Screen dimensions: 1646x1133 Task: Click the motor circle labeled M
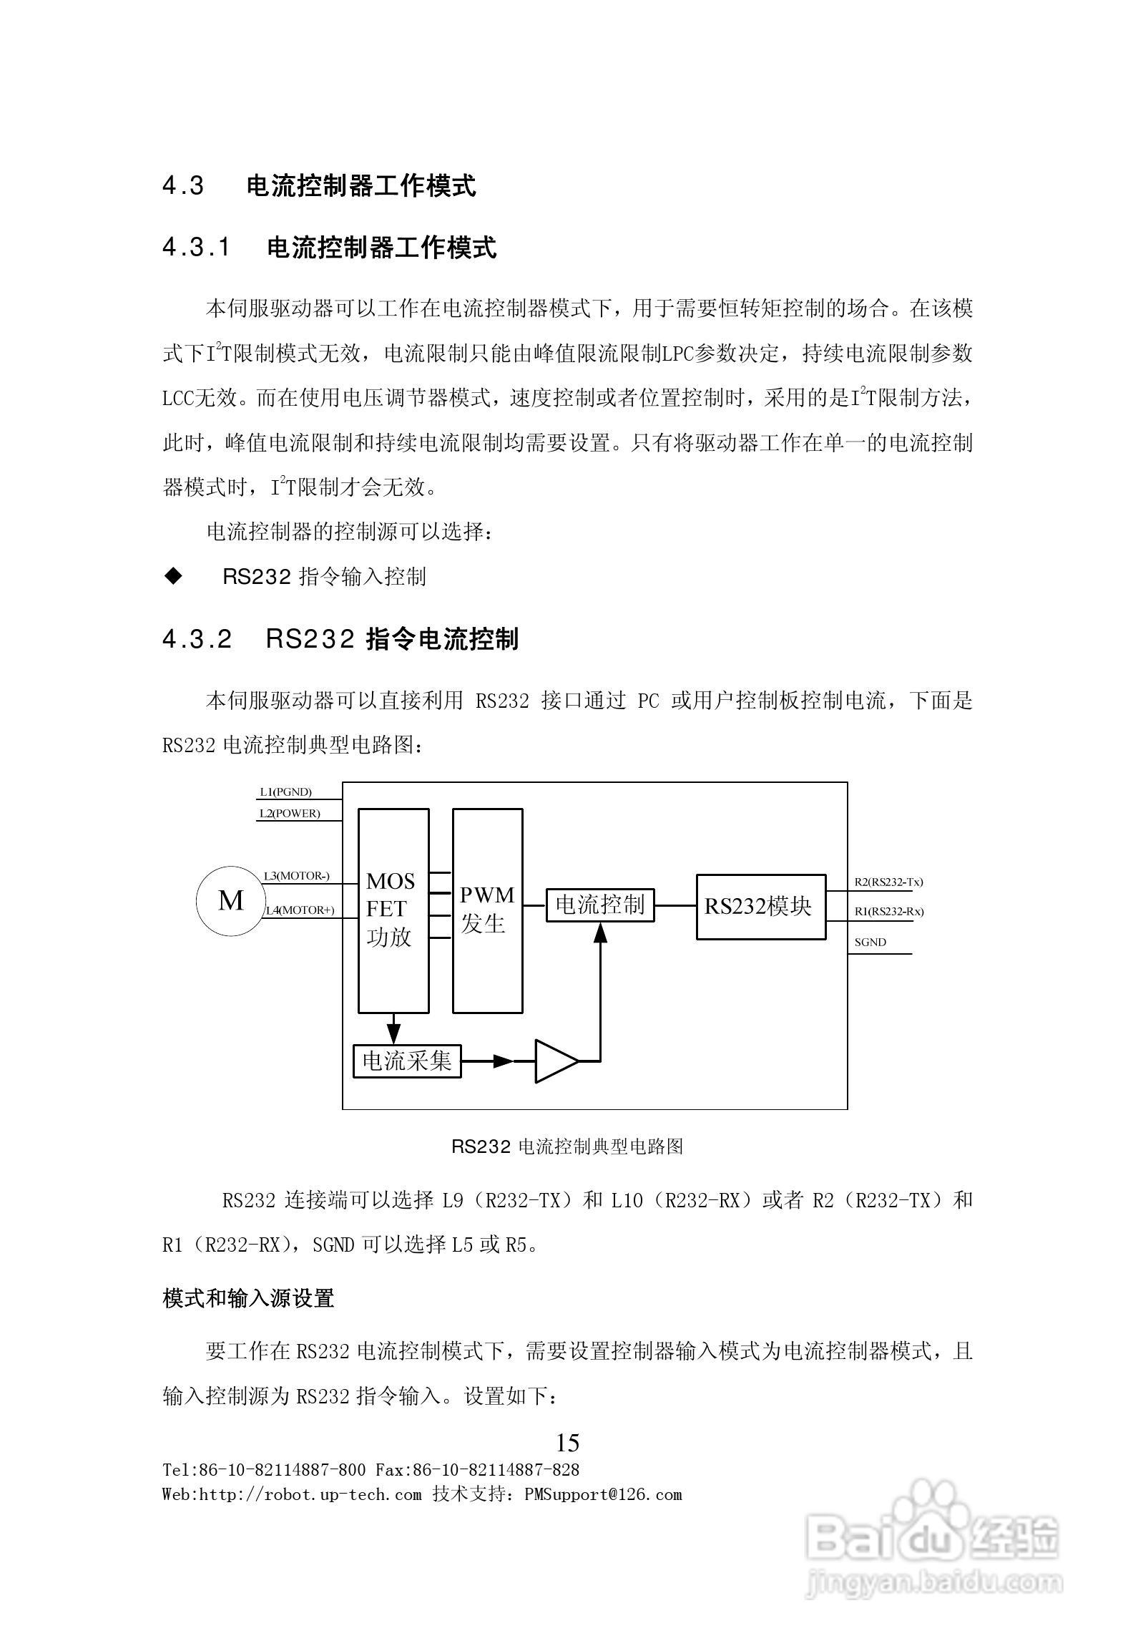click(230, 900)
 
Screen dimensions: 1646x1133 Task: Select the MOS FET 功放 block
click(393, 910)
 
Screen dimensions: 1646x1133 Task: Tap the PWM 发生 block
click(487, 910)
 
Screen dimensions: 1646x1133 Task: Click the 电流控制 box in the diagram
click(600, 905)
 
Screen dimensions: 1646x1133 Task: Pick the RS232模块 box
click(760, 907)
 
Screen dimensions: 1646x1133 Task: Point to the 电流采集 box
click(407, 1061)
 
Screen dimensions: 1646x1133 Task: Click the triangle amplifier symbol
click(555, 1061)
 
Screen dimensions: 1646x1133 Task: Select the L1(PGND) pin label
click(285, 792)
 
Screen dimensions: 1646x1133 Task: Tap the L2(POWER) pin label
click(289, 814)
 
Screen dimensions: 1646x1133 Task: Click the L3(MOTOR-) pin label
click(296, 876)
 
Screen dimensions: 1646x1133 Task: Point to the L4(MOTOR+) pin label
click(300, 910)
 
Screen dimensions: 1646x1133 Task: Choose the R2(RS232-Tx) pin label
click(888, 882)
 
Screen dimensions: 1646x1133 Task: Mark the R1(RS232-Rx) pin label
click(888, 912)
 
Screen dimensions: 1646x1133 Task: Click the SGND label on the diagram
click(870, 943)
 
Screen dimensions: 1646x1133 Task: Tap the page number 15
click(567, 1442)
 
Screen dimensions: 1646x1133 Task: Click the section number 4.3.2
click(197, 639)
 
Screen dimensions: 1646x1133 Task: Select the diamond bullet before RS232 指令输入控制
click(173, 576)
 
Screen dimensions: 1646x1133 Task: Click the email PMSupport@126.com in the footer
click(602, 1494)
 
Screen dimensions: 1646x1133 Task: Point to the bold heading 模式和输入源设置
click(248, 1298)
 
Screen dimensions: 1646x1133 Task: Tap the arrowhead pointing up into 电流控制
click(600, 932)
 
